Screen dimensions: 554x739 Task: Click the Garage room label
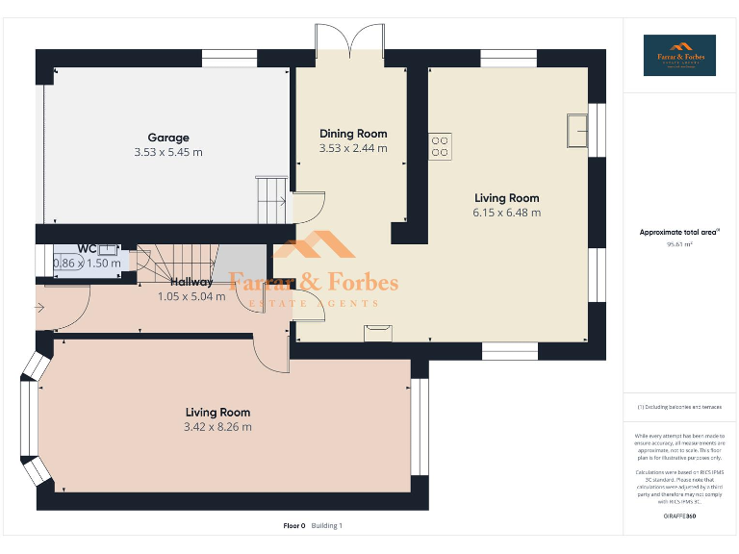tap(168, 138)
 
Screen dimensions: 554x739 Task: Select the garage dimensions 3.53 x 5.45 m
tap(168, 152)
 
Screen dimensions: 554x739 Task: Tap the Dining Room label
tap(353, 134)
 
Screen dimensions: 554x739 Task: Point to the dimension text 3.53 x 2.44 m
tap(353, 148)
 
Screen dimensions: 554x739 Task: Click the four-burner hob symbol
tap(440, 145)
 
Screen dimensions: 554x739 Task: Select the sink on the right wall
tap(578, 129)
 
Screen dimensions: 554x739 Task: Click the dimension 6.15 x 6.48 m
tap(506, 213)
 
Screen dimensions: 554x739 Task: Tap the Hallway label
tap(191, 282)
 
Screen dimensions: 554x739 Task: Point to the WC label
tap(87, 248)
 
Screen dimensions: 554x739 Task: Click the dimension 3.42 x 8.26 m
tap(217, 427)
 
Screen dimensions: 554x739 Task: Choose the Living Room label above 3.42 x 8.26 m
tap(217, 413)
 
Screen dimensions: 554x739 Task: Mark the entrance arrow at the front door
tap(38, 308)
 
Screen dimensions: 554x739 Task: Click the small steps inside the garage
tap(271, 198)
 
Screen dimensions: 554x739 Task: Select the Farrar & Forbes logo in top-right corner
tap(679, 55)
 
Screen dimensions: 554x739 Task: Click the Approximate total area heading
tap(678, 232)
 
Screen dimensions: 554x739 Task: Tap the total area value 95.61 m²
tap(679, 244)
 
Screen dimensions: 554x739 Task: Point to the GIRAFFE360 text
tap(679, 517)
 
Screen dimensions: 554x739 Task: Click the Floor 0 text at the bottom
tap(293, 525)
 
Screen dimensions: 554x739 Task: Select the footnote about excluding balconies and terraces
tap(679, 408)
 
